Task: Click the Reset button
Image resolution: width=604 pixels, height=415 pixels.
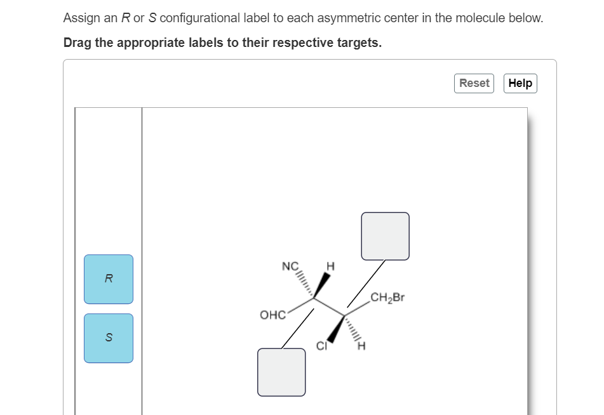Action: pos(474,83)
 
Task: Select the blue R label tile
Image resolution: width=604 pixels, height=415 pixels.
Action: pos(109,279)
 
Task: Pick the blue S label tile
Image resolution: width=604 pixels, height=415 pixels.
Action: pos(109,338)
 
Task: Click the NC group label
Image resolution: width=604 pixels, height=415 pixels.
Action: pos(290,267)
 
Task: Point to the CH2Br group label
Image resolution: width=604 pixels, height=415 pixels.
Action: pos(387,297)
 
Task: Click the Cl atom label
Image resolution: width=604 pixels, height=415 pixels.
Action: pos(322,346)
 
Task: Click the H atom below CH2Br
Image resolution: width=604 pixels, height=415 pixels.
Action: pos(362,346)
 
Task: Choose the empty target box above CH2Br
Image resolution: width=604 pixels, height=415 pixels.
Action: pos(386,236)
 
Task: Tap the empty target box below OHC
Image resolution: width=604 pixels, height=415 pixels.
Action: pos(281,372)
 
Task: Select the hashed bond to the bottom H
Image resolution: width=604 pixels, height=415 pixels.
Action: pos(352,328)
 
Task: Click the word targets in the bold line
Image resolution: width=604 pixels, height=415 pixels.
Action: pos(359,43)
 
